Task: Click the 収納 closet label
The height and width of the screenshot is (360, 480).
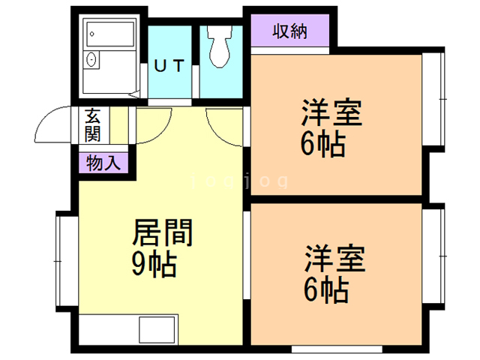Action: point(289,31)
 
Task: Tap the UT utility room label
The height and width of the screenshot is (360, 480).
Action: point(169,66)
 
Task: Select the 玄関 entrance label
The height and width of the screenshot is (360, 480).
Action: point(93,125)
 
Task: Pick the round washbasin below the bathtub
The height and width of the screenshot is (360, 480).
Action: point(91,61)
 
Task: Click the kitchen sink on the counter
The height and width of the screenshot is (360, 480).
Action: point(154,329)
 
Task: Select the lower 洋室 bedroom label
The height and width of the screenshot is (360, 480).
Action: point(334,258)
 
